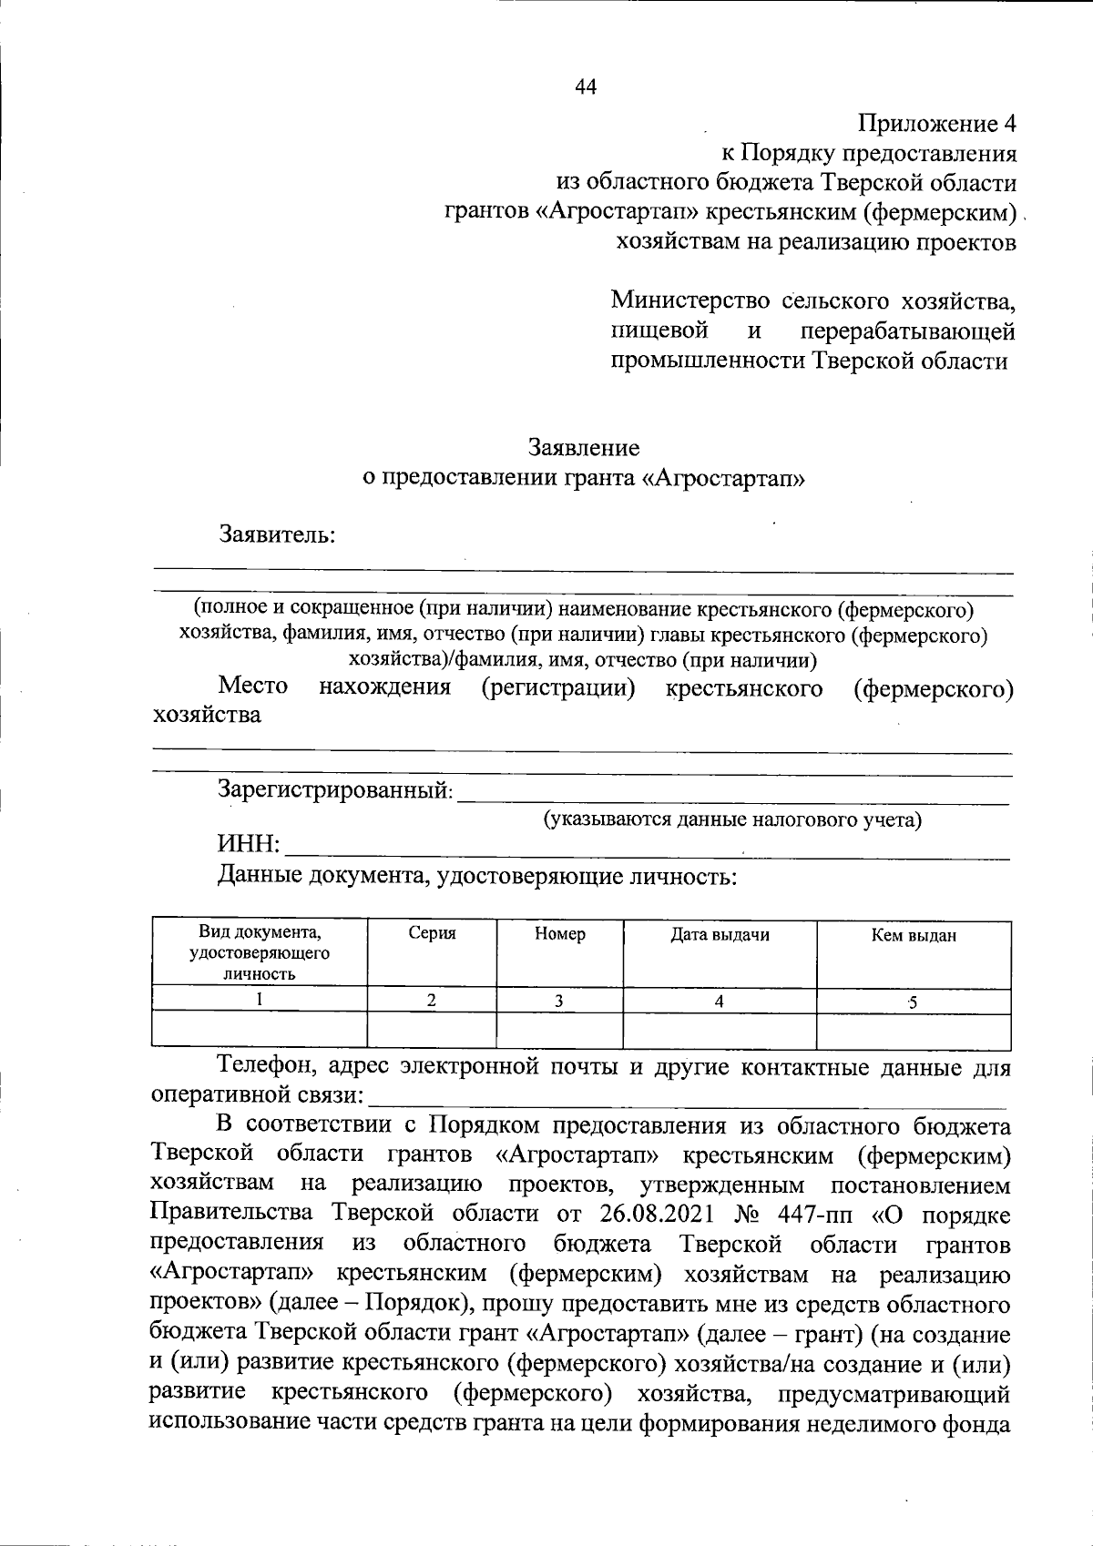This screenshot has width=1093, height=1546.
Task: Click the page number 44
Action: pyautogui.click(x=586, y=86)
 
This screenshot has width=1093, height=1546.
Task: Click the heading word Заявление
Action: pyautogui.click(x=584, y=448)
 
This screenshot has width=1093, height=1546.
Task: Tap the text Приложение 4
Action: pyautogui.click(x=935, y=123)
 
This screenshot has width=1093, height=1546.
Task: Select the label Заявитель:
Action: pyautogui.click(x=278, y=534)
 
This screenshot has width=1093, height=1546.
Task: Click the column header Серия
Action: pyautogui.click(x=432, y=934)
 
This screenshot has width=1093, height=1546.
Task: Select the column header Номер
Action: pyautogui.click(x=560, y=934)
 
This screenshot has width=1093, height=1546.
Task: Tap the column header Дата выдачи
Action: pyautogui.click(x=720, y=934)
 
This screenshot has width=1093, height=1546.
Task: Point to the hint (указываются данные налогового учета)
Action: pyautogui.click(x=732, y=819)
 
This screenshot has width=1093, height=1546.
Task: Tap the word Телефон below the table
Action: pyautogui.click(x=267, y=1066)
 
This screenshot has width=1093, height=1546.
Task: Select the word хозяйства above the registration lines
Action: pyautogui.click(x=207, y=715)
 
